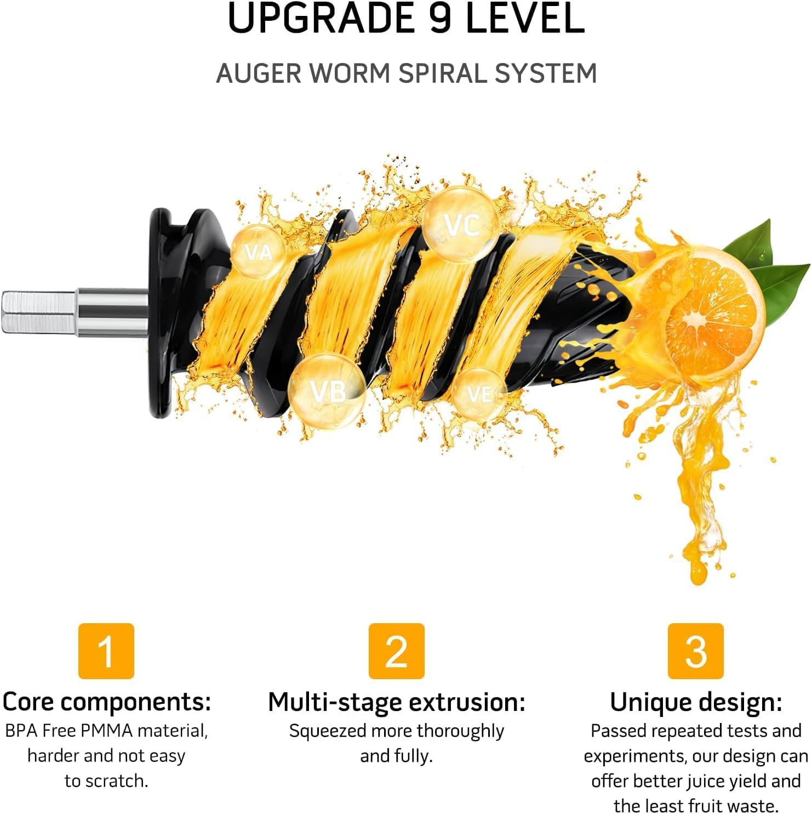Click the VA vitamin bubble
click(x=258, y=252)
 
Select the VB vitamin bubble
click(x=327, y=391)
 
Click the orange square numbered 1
click(x=106, y=651)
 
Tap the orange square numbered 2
click(x=396, y=651)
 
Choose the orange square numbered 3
click(x=695, y=651)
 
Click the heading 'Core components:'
click(x=107, y=702)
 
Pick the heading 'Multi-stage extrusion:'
click(x=396, y=702)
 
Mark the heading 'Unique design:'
click(x=696, y=702)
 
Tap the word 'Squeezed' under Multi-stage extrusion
click(x=328, y=731)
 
